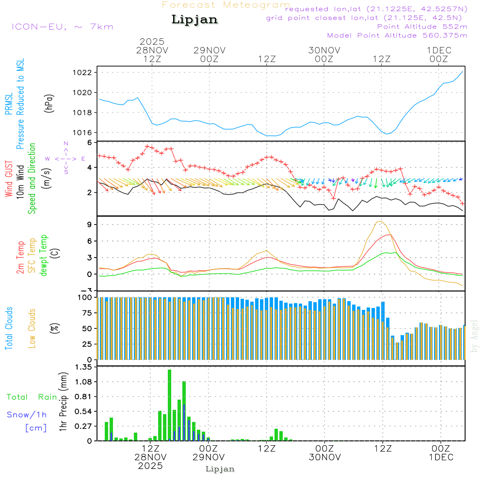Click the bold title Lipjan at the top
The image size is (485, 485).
coord(194,20)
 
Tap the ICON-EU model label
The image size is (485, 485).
coord(62,27)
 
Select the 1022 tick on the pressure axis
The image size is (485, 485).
coord(88,73)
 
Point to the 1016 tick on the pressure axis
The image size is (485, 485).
coord(88,132)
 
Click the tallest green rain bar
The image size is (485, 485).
coord(169,405)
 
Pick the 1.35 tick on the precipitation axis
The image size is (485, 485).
coord(85,367)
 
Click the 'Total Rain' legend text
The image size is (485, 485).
coord(32,397)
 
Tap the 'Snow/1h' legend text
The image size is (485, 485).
coord(27,415)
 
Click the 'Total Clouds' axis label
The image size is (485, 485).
coord(9,328)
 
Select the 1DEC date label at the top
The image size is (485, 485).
coord(439,50)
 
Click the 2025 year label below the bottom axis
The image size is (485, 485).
coord(151,466)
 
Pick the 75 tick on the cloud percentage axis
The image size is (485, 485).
coord(87,313)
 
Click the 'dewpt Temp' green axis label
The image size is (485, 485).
coord(44,255)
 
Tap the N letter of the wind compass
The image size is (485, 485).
coord(66,144)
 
